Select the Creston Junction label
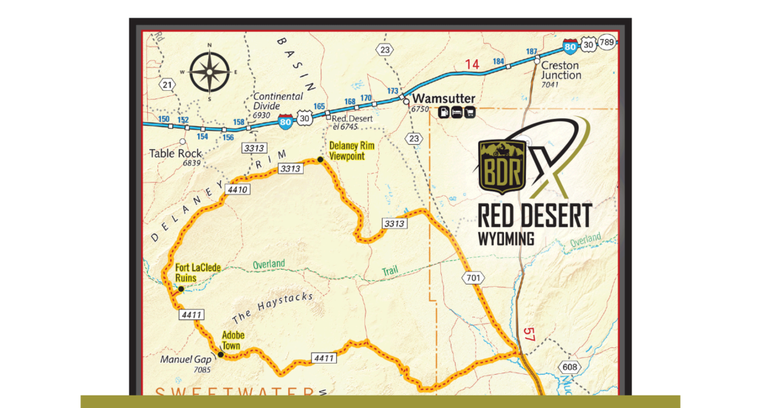pyautogui.click(x=562, y=70)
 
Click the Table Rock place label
pyautogui.click(x=176, y=154)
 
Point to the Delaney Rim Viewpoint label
pyautogui.click(x=352, y=151)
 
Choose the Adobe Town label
pyautogui.click(x=233, y=341)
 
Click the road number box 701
pyautogui.click(x=474, y=278)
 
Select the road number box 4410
pyautogui.click(x=239, y=190)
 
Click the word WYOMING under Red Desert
pyautogui.click(x=506, y=239)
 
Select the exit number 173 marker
pyautogui.click(x=393, y=91)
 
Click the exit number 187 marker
pyautogui.click(x=531, y=52)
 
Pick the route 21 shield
pyautogui.click(x=168, y=85)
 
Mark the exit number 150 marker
pyautogui.click(x=164, y=119)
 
